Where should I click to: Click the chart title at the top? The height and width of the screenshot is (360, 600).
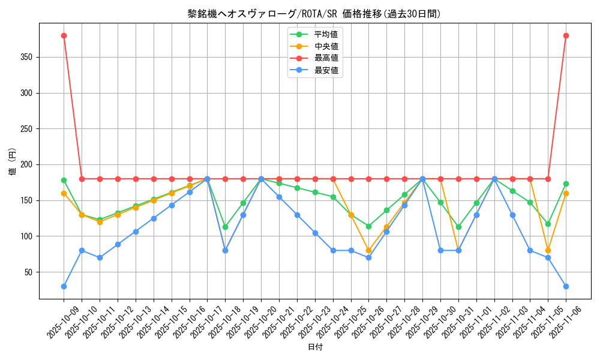[x=314, y=14]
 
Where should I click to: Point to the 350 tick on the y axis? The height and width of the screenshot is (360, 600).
[x=28, y=58]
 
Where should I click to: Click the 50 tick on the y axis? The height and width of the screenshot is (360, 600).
[x=29, y=272]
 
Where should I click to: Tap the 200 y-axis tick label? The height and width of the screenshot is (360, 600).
[x=28, y=165]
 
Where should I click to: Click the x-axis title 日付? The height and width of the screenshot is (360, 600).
[x=315, y=347]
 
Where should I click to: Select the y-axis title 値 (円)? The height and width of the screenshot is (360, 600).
[x=12, y=162]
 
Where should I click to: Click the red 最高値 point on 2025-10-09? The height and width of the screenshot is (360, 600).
[x=64, y=35]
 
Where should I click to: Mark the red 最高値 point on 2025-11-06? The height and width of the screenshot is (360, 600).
[x=566, y=35]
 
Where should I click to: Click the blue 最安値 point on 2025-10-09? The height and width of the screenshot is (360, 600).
[x=64, y=286]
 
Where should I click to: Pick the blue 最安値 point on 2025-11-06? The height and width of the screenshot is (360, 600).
[x=566, y=286]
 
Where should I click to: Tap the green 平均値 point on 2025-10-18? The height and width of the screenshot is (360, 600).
[x=225, y=227]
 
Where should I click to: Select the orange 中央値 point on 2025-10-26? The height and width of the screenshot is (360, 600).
[x=368, y=250]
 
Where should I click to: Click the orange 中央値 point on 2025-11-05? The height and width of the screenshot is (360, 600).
[x=548, y=250]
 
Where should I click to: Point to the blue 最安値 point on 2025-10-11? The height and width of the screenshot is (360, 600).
[x=100, y=257]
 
